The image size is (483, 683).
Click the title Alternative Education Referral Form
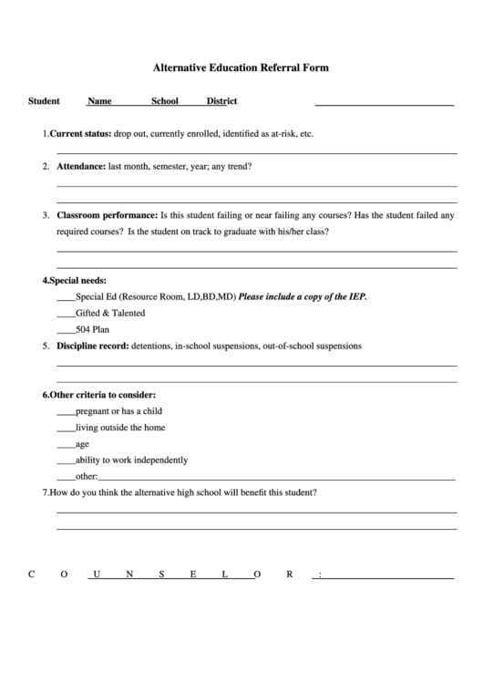pyautogui.click(x=241, y=67)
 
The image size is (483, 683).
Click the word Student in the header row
pyautogui.click(x=44, y=101)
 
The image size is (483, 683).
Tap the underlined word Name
pyautogui.click(x=99, y=101)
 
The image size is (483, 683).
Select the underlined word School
pyautogui.click(x=165, y=101)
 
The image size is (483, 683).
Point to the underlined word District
pyautogui.click(x=221, y=101)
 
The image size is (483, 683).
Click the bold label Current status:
pyautogui.click(x=80, y=133)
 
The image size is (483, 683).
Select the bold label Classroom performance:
pyautogui.click(x=107, y=216)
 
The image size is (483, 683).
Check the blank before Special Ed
pyautogui.click(x=66, y=297)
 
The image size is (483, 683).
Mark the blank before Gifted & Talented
pyautogui.click(x=66, y=314)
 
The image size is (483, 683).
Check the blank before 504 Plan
pyautogui.click(x=66, y=330)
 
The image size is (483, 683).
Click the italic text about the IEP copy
pyautogui.click(x=303, y=296)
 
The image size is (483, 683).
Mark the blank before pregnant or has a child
pyautogui.click(x=66, y=412)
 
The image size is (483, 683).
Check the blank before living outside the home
pyautogui.click(x=66, y=428)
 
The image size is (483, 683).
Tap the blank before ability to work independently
pyautogui.click(x=66, y=461)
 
